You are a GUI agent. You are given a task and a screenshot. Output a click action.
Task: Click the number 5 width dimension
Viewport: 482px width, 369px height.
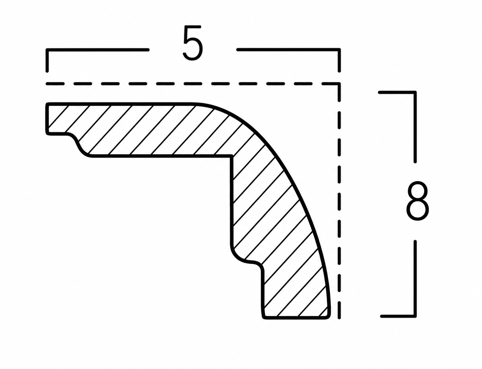coord(192,43)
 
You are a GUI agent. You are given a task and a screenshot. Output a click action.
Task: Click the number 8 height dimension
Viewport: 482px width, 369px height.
coord(417,201)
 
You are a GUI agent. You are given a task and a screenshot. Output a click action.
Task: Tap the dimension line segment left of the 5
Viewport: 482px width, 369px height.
coord(98,50)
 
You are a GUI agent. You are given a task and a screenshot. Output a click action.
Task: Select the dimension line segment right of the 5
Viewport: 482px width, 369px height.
coord(288,50)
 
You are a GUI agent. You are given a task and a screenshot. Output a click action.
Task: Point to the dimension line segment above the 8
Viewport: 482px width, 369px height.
coord(415,127)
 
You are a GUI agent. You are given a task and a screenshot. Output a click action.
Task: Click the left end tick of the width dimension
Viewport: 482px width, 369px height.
coord(47,60)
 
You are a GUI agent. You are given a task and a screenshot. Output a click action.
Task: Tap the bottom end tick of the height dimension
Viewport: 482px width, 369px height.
coord(398,316)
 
